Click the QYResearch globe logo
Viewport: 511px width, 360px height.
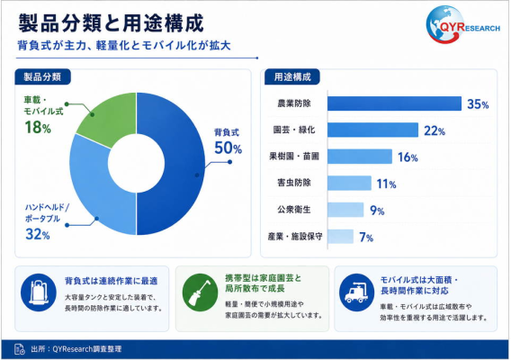pyautogui.click(x=462, y=24)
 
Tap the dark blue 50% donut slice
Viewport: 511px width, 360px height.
pyautogui.click(x=183, y=163)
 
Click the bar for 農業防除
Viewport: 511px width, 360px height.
pyautogui.click(x=394, y=103)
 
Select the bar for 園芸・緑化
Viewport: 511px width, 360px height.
pyautogui.click(x=372, y=130)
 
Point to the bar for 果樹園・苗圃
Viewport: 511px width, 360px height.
pyautogui.click(x=360, y=157)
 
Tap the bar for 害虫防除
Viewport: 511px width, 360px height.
pyautogui.click(x=349, y=183)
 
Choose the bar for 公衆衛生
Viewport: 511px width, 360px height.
pyautogui.click(x=345, y=210)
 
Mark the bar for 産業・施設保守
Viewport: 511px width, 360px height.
pyautogui.click(x=341, y=237)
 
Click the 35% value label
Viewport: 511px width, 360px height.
pyautogui.click(x=478, y=104)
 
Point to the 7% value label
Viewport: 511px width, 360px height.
pyautogui.click(x=366, y=237)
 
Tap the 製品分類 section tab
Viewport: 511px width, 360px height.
pyautogui.click(x=42, y=77)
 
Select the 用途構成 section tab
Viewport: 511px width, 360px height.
pyautogui.click(x=292, y=77)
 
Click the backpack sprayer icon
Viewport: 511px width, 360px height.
pyautogui.click(x=39, y=292)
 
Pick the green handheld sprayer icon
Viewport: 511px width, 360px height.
pyautogui.click(x=200, y=292)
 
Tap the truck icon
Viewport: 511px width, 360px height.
pyautogui.click(x=357, y=292)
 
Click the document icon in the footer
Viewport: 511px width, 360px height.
pyautogui.click(x=20, y=349)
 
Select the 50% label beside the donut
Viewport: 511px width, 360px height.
pyautogui.click(x=228, y=148)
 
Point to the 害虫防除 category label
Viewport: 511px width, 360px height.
pyautogui.click(x=294, y=183)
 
